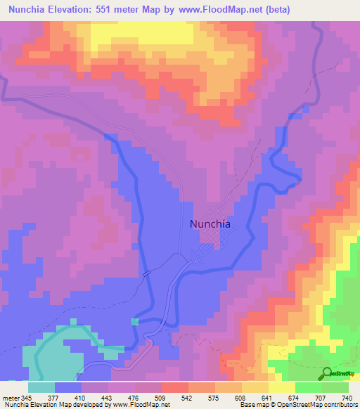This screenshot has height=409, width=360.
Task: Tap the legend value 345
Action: [24, 397]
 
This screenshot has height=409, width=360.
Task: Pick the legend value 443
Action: [120, 397]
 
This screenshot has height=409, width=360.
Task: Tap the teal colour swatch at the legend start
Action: [41, 387]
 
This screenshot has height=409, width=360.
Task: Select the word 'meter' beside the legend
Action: [9, 397]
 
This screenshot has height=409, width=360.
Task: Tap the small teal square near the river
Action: [134, 321]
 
